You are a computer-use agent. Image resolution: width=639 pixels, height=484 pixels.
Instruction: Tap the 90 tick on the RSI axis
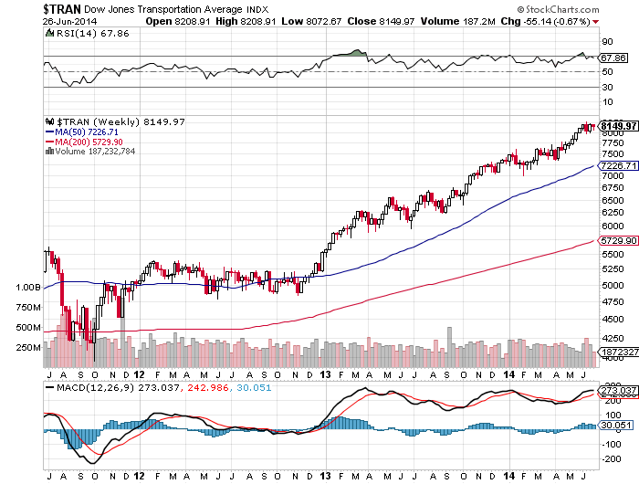[x=606, y=41]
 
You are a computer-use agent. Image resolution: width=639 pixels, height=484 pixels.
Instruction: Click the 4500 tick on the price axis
[x=612, y=320]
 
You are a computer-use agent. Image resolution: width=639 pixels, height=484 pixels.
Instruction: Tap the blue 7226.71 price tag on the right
[x=618, y=166]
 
